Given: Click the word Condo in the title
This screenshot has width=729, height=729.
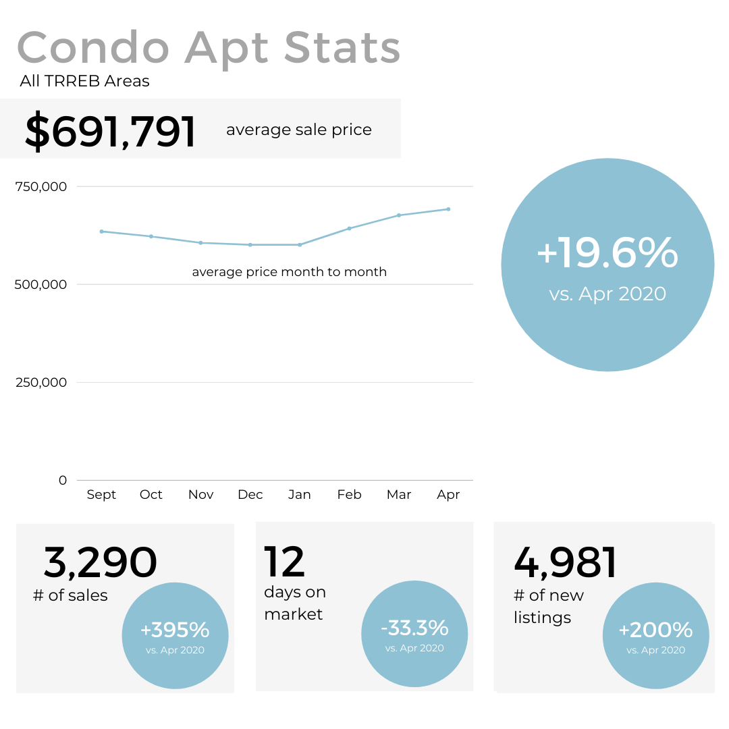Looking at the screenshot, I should pyautogui.click(x=93, y=49).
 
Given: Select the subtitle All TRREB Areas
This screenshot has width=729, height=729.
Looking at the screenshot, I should pyautogui.click(x=84, y=82).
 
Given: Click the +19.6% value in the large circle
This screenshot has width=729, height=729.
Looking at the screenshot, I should pyautogui.click(x=607, y=253).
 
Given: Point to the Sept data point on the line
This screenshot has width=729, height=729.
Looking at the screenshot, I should pyautogui.click(x=101, y=232).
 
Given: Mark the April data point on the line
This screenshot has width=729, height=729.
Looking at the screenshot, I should pyautogui.click(x=448, y=209).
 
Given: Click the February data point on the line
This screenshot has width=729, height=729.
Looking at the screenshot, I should pyautogui.click(x=349, y=228).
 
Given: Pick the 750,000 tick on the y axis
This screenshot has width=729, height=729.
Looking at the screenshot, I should pyautogui.click(x=41, y=186).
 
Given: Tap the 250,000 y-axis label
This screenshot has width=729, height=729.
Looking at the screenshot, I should pyautogui.click(x=41, y=382).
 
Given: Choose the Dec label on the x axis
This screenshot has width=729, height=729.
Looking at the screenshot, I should pyautogui.click(x=250, y=495).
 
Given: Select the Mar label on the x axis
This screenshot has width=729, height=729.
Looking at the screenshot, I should pyautogui.click(x=399, y=495).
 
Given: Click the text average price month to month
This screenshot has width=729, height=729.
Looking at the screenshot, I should pyautogui.click(x=289, y=272).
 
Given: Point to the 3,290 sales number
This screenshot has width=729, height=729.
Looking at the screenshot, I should pyautogui.click(x=101, y=562).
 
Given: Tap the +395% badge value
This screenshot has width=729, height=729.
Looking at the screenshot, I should pyautogui.click(x=175, y=630).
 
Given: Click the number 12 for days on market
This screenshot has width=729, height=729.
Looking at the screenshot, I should pyautogui.click(x=284, y=562).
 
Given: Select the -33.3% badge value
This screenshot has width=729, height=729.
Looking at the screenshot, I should pyautogui.click(x=414, y=628).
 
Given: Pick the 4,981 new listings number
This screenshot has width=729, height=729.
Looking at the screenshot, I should pyautogui.click(x=566, y=562).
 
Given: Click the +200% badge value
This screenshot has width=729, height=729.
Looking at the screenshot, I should pyautogui.click(x=655, y=630).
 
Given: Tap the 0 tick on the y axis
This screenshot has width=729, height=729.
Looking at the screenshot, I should pyautogui.click(x=63, y=480).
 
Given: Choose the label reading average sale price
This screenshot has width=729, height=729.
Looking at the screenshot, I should pyautogui.click(x=298, y=130).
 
